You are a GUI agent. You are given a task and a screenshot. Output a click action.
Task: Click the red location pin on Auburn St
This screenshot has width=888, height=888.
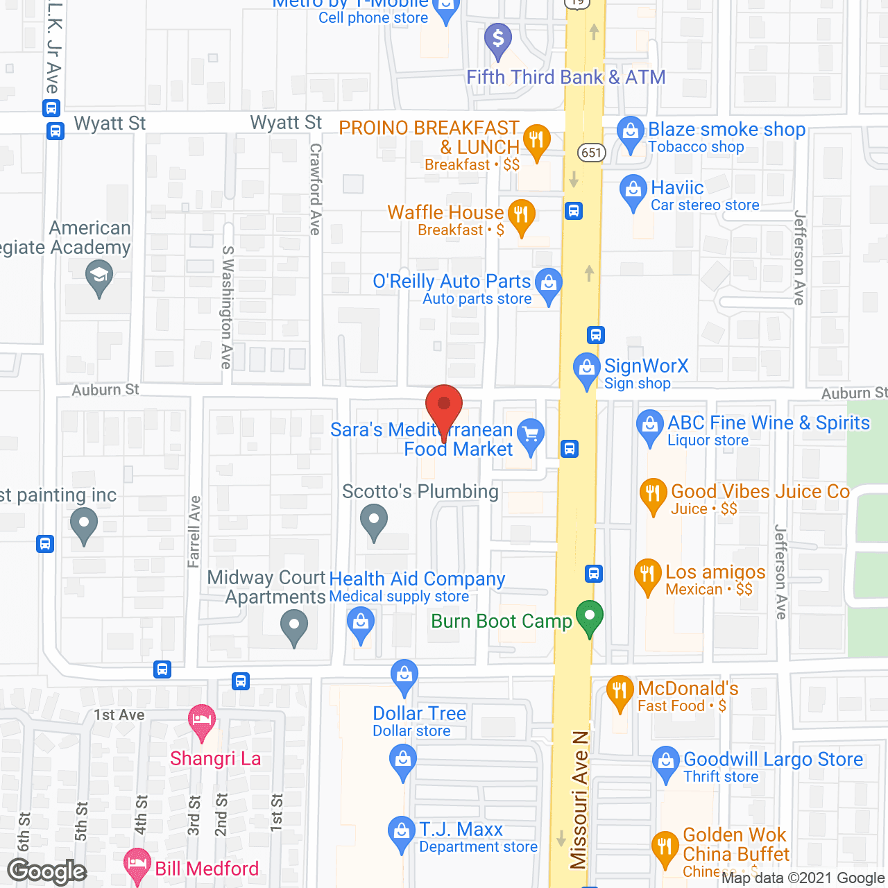[x=443, y=407]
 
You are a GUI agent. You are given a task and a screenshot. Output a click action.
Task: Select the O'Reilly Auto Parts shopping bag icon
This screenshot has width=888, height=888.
[x=549, y=283]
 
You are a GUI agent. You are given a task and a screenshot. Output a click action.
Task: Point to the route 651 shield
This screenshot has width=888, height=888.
[x=592, y=153]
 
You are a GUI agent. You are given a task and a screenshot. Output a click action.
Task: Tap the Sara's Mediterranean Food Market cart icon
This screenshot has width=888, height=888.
[x=531, y=434]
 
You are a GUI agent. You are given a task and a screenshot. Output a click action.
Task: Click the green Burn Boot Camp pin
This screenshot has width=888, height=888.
[x=590, y=615]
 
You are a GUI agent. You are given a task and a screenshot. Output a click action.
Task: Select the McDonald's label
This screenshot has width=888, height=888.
[x=688, y=688]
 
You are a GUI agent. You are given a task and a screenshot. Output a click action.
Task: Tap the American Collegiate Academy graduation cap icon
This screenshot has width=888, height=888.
[x=99, y=275]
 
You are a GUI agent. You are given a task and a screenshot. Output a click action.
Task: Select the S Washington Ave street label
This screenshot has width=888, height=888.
[x=227, y=307]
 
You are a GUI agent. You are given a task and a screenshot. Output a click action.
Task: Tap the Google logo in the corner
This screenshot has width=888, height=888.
[x=47, y=871]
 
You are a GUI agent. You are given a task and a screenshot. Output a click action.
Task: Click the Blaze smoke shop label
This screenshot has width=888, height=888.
[x=726, y=130]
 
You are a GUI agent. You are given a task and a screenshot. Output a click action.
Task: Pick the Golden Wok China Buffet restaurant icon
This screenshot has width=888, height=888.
[x=665, y=847]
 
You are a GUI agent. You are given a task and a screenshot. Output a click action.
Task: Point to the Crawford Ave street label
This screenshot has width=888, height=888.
[x=316, y=189]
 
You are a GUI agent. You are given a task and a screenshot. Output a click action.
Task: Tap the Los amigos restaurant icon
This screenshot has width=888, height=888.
[x=647, y=574]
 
